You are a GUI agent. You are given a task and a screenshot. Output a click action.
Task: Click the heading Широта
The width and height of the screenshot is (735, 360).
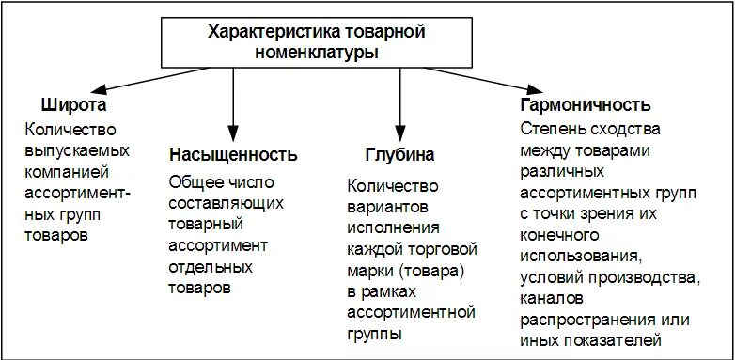click(x=73, y=103)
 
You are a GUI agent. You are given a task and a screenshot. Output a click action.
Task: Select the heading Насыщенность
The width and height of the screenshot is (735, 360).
click(x=233, y=153)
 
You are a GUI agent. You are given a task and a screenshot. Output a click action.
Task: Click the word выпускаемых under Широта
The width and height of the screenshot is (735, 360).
click(x=78, y=149)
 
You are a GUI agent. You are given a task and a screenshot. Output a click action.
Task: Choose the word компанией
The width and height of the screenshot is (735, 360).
click(x=69, y=171)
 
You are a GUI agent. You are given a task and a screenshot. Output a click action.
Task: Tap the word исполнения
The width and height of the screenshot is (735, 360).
click(x=391, y=228)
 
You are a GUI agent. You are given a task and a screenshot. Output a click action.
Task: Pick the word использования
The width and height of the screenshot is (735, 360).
click(x=582, y=255)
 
